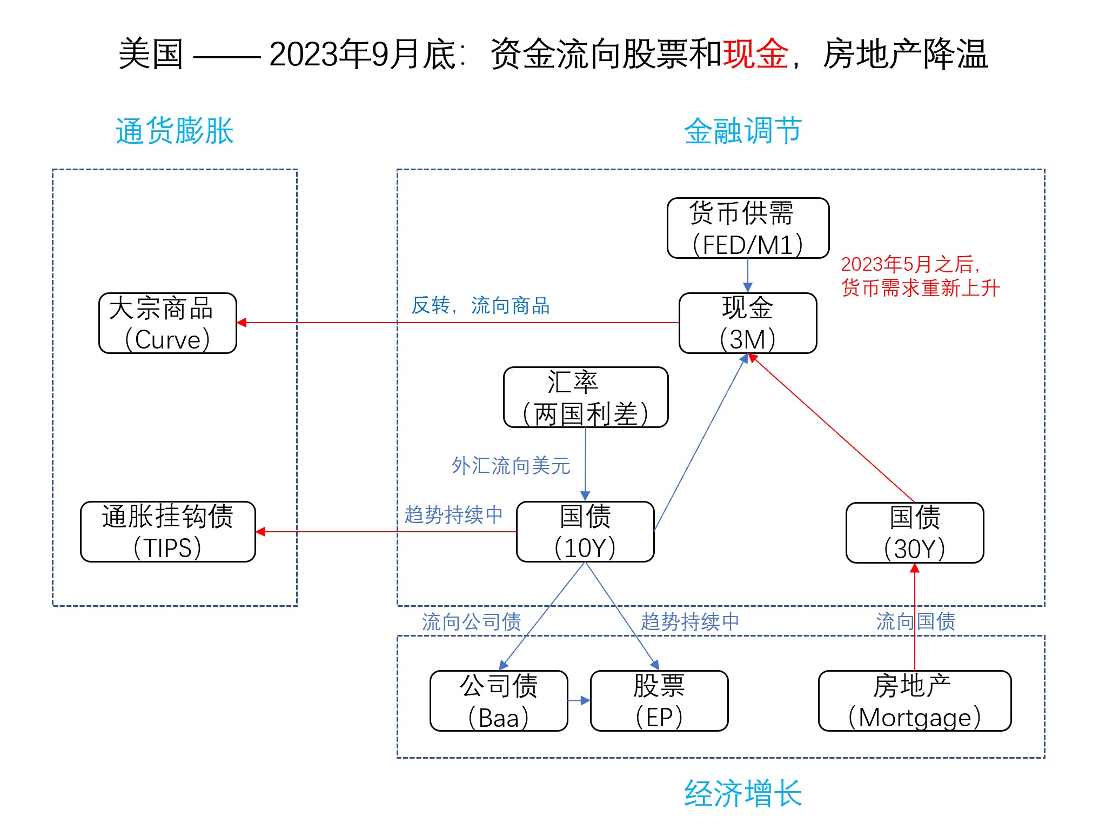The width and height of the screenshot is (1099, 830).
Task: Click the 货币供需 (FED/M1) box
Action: coord(748,228)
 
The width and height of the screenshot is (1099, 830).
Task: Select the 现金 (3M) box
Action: coord(748,323)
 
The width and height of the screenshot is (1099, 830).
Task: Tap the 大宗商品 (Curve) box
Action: coord(167,323)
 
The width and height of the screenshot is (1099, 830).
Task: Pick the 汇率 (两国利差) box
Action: coord(586,397)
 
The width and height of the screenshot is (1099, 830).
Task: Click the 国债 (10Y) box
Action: coord(585,532)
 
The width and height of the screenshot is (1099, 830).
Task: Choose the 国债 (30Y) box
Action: coord(915,533)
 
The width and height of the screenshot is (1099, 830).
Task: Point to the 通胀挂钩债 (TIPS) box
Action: coord(167,532)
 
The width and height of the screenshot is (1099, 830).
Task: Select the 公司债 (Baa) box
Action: coord(499,701)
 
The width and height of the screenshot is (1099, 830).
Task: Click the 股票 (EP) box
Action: coord(659,701)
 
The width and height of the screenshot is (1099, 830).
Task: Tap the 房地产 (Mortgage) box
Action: coord(915,701)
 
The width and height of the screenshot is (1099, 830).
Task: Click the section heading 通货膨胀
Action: coord(175,131)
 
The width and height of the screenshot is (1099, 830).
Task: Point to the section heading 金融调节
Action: coord(743,131)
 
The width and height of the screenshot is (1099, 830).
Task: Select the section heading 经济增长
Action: coord(743,793)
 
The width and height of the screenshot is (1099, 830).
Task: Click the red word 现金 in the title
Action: coord(756,54)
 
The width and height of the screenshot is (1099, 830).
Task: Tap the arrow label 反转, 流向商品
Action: coord(480,306)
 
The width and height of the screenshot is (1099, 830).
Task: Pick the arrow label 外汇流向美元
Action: coord(511,466)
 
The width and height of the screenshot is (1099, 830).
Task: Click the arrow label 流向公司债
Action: coord(471,622)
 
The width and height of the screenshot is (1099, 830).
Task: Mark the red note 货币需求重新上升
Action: coord(920,288)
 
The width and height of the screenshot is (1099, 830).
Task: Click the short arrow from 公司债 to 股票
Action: coord(579,701)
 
